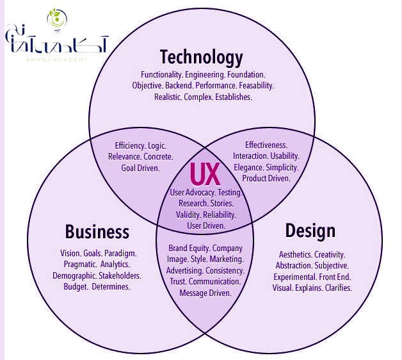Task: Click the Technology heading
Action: point(201,58)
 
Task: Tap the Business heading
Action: point(97,231)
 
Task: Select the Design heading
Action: point(310,231)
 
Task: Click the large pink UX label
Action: point(205,174)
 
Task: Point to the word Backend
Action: point(179,85)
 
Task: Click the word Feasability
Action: point(257,85)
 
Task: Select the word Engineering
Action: point(205,75)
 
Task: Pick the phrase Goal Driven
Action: point(140,168)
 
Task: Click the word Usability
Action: point(285,156)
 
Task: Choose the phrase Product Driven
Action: point(266,178)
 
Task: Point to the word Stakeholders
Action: point(120,276)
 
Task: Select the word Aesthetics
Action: point(295,254)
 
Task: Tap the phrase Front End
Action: point(335,277)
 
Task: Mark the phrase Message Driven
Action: point(205,293)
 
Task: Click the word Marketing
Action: point(227,259)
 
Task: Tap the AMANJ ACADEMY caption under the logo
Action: point(57,60)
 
